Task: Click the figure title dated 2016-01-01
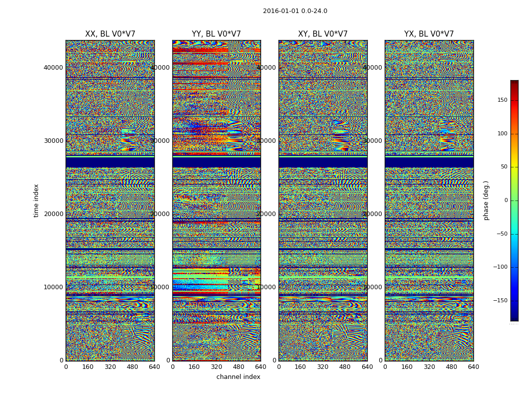click(295, 11)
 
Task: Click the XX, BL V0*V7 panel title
click(110, 34)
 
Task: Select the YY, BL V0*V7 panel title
click(216, 34)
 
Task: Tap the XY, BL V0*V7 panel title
click(323, 34)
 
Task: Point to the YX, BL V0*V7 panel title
click(429, 34)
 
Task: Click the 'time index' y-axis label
click(36, 200)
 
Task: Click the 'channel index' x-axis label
click(238, 377)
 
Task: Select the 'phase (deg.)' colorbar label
click(486, 200)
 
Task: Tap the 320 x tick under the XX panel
click(110, 367)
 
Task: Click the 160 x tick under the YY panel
click(194, 367)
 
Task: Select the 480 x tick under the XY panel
click(345, 367)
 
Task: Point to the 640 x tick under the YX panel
click(473, 367)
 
